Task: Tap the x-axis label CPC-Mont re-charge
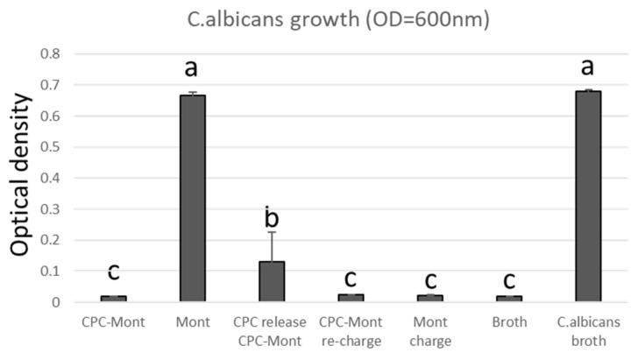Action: point(350,331)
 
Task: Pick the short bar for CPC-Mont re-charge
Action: point(350,298)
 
